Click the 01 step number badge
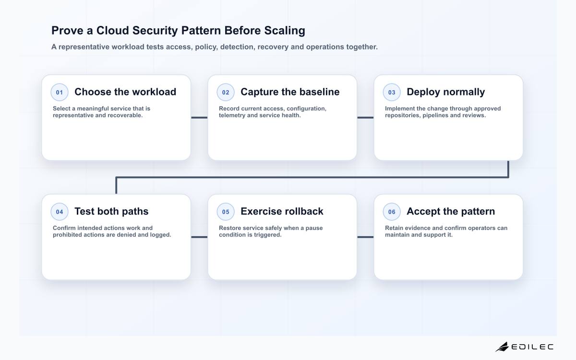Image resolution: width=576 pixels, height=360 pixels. pyautogui.click(x=60, y=92)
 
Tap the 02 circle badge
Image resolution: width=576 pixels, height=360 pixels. pyautogui.click(x=226, y=92)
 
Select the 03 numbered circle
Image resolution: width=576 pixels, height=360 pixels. pyautogui.click(x=392, y=92)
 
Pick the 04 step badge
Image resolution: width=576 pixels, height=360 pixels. pyautogui.click(x=60, y=212)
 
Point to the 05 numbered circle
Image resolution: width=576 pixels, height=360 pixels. pyautogui.click(x=226, y=212)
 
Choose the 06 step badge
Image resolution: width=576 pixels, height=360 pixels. pyautogui.click(x=392, y=212)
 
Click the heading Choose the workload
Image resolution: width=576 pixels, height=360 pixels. pyautogui.click(x=125, y=92)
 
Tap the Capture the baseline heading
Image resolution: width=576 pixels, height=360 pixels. pyautogui.click(x=290, y=92)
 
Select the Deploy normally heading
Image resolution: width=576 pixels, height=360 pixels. pyautogui.click(x=445, y=92)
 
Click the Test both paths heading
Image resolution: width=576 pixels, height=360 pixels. pyautogui.click(x=111, y=211)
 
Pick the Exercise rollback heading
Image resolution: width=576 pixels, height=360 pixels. pyautogui.click(x=282, y=211)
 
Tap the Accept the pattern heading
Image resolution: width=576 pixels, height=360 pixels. pyautogui.click(x=451, y=211)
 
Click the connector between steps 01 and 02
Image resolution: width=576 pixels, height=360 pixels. pyautogui.click(x=199, y=118)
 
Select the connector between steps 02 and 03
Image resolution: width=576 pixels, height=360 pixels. pyautogui.click(x=365, y=118)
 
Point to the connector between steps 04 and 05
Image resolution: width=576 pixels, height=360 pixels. pyautogui.click(x=199, y=237)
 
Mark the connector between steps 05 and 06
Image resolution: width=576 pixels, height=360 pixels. pyautogui.click(x=365, y=237)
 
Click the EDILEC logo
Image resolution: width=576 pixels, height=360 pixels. pyautogui.click(x=524, y=347)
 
